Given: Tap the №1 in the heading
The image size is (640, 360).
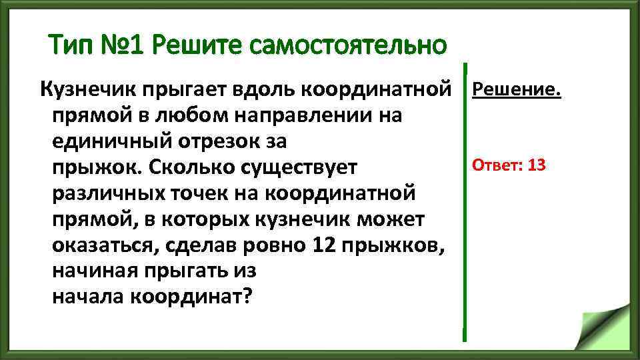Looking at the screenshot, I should click(124, 46).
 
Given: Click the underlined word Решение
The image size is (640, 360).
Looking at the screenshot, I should click(517, 89).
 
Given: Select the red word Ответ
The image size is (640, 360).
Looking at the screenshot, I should click(495, 165).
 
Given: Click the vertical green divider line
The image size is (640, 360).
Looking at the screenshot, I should click(465, 200).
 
